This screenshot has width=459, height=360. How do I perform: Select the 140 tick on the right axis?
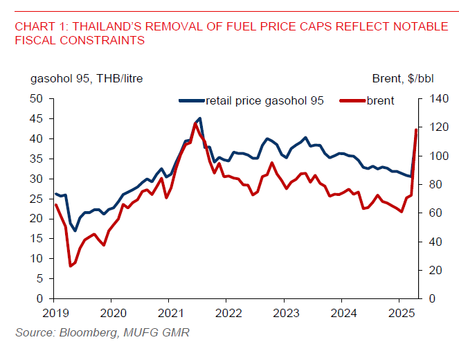pyautogui.click(x=431, y=99)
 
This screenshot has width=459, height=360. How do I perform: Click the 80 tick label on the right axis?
pyautogui.click(x=428, y=185)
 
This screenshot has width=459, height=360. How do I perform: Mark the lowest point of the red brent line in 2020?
pyautogui.click(x=71, y=266)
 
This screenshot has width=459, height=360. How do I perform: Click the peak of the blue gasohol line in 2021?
pyautogui.click(x=200, y=118)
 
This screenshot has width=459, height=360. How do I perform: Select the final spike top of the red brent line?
pyautogui.click(x=416, y=129)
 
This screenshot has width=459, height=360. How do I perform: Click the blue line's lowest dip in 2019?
pyautogui.click(x=75, y=231)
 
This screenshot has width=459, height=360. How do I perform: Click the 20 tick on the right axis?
pyautogui.click(x=428, y=270)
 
